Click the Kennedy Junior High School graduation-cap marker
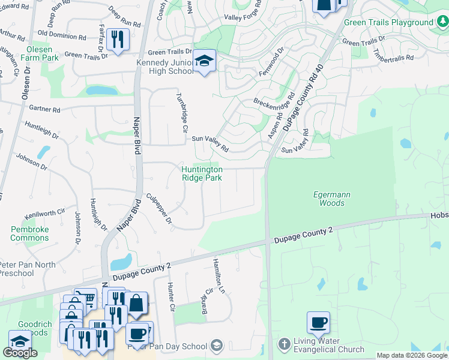(204, 61)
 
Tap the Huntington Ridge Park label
(202, 174)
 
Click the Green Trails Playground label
(388, 23)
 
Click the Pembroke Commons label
(29, 233)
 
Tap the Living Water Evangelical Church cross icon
(285, 344)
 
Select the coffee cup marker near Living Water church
(318, 322)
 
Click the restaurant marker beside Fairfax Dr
(118, 39)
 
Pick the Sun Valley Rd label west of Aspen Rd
(210, 143)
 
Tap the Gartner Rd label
(44, 109)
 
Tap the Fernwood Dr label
(270, 60)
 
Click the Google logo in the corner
(20, 353)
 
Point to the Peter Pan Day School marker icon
(217, 346)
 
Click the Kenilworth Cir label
(44, 213)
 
